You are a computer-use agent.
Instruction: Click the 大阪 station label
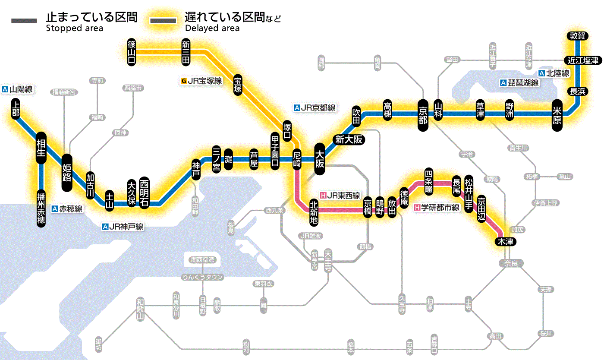[x=320, y=159]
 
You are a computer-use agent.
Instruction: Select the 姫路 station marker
[x=67, y=173]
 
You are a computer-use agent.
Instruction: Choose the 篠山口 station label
[x=132, y=52]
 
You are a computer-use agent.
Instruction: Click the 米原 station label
[x=557, y=114]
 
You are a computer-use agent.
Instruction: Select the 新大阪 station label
[x=349, y=139]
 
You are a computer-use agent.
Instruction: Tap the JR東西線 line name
[x=343, y=196]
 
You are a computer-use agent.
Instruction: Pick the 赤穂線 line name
[x=70, y=209]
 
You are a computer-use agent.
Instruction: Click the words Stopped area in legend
[x=75, y=28]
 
